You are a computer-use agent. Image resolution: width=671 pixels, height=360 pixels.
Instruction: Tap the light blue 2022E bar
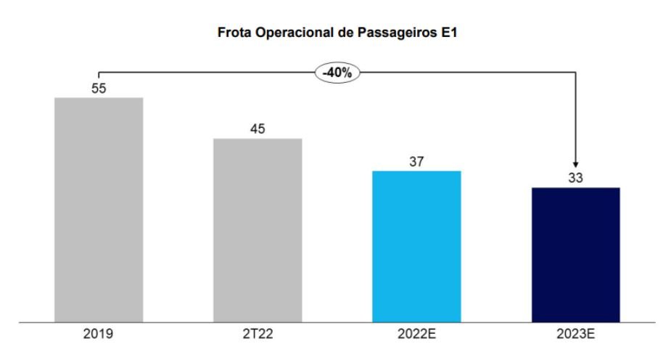[416, 246]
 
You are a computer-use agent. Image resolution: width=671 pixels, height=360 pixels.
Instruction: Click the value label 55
[99, 88]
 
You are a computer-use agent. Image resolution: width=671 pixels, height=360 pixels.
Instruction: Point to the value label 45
[258, 128]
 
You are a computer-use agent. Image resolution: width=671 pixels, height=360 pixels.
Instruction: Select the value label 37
[416, 161]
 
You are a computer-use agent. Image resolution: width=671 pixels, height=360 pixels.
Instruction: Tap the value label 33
[575, 178]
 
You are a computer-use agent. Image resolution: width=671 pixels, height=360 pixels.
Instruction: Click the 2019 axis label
[99, 335]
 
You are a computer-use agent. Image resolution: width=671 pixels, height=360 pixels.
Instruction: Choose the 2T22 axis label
[258, 335]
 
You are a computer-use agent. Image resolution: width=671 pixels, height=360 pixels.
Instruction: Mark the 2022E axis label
[416, 335]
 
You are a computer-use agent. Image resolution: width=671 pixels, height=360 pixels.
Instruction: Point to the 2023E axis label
[575, 335]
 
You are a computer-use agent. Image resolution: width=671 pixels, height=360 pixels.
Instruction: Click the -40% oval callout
[337, 72]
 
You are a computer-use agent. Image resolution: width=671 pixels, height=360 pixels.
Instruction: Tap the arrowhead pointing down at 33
[575, 164]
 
